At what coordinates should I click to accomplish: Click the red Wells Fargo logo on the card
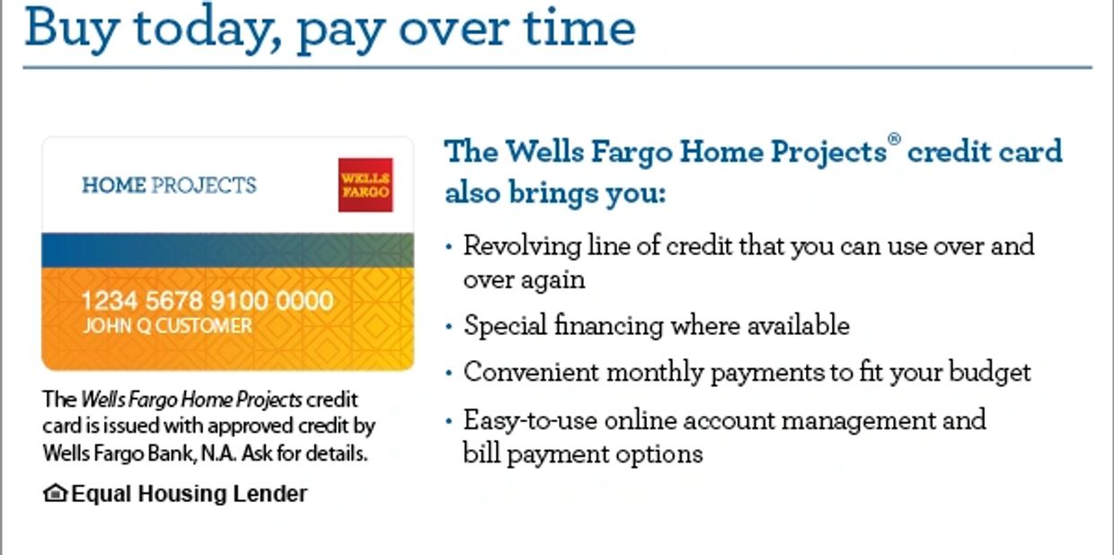(x=366, y=185)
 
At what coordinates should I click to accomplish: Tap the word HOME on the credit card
(x=114, y=186)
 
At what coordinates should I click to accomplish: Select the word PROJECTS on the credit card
(x=204, y=186)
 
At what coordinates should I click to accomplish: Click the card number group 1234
(x=110, y=301)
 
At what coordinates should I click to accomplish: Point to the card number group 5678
(x=174, y=301)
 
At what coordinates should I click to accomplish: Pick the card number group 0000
(x=305, y=301)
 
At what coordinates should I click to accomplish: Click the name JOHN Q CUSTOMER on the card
(x=168, y=326)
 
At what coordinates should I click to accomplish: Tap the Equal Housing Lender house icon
(x=55, y=493)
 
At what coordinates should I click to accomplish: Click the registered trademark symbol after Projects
(x=894, y=138)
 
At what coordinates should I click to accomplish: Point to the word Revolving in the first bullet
(x=522, y=247)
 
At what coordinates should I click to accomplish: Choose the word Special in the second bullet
(x=505, y=327)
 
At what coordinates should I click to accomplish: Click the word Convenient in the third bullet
(x=531, y=372)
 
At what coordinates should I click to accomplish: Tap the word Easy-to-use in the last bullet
(x=530, y=421)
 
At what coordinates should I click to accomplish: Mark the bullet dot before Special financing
(x=449, y=327)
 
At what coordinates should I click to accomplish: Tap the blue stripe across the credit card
(x=228, y=251)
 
